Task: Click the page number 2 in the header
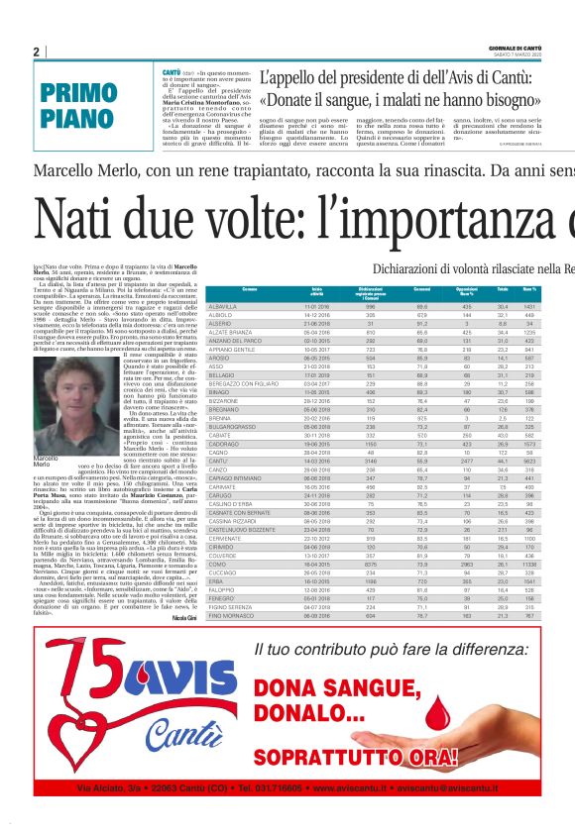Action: pyautogui.click(x=37, y=52)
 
